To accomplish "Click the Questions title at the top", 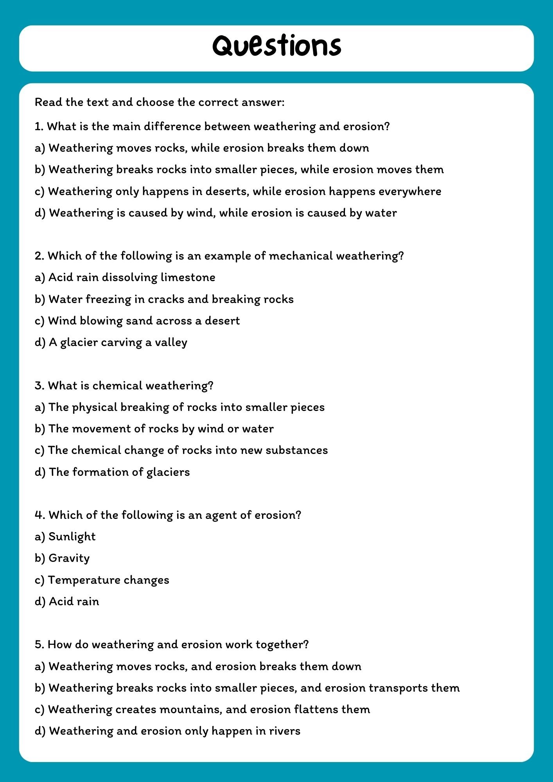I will (x=276, y=46).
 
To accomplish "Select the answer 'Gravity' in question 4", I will (x=69, y=558).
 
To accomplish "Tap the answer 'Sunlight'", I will (x=72, y=536).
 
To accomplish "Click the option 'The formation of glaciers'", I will (x=119, y=472).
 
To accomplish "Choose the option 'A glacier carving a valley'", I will (x=118, y=342).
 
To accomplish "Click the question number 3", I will (x=38, y=386).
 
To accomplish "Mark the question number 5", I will (x=38, y=644).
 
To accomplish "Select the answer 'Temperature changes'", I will (x=108, y=580).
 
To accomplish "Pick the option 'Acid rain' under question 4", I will (x=74, y=601).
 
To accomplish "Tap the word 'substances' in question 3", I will (x=296, y=450).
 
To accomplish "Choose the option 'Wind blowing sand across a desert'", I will (x=144, y=321).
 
